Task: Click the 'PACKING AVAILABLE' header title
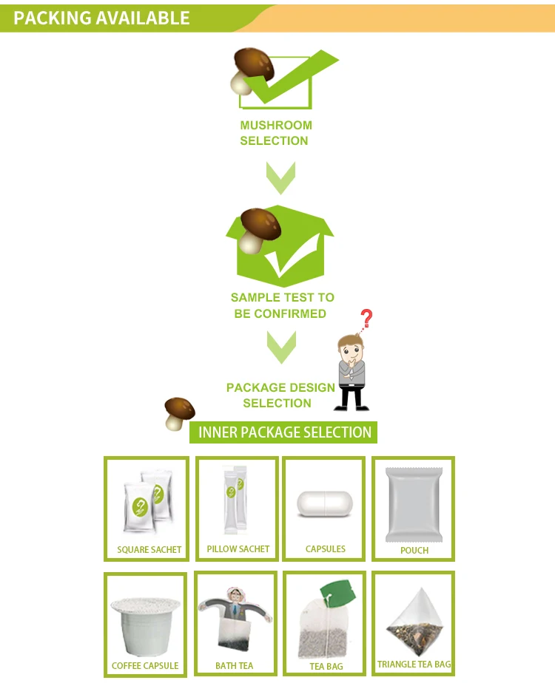[x=101, y=18]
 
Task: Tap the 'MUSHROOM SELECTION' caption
[x=275, y=133]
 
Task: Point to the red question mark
[x=366, y=319]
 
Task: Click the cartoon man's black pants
[x=351, y=397]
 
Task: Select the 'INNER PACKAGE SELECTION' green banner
[x=284, y=432]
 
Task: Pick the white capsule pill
[x=325, y=504]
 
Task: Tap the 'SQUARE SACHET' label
[x=149, y=550]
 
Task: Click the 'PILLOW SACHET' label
[x=238, y=549]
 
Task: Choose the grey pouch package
[x=414, y=505]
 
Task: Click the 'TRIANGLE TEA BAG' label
[x=414, y=665]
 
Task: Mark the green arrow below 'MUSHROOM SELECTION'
[x=280, y=178]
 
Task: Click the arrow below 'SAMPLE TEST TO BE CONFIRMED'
[x=280, y=347]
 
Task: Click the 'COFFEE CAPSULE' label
[x=145, y=666]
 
